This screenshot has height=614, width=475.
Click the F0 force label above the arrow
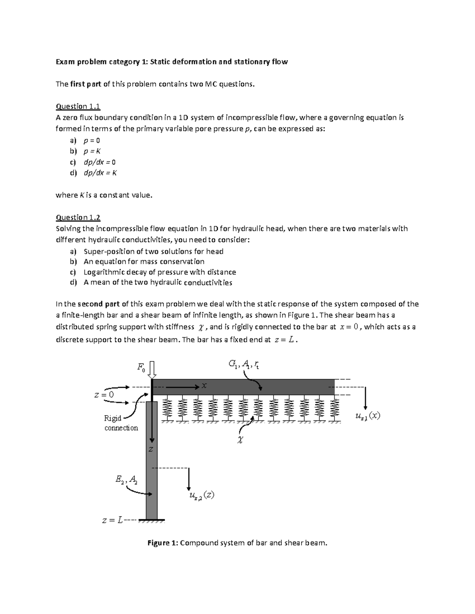click(141, 367)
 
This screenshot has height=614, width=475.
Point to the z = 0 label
click(104, 395)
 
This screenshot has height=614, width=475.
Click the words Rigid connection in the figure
click(121, 423)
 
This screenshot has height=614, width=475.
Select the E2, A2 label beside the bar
click(127, 480)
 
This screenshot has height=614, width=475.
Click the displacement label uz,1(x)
click(368, 416)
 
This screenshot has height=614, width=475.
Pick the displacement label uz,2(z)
click(201, 496)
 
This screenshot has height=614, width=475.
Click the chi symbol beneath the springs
click(239, 440)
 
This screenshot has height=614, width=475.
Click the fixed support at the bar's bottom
click(154, 521)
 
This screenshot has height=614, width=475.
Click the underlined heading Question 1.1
click(78, 106)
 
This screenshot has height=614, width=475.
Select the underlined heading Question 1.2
click(78, 217)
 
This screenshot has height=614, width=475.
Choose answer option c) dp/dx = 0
click(99, 162)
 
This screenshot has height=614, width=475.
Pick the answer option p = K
click(92, 151)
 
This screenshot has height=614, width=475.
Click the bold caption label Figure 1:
click(163, 543)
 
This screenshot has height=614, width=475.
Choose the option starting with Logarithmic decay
click(160, 272)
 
